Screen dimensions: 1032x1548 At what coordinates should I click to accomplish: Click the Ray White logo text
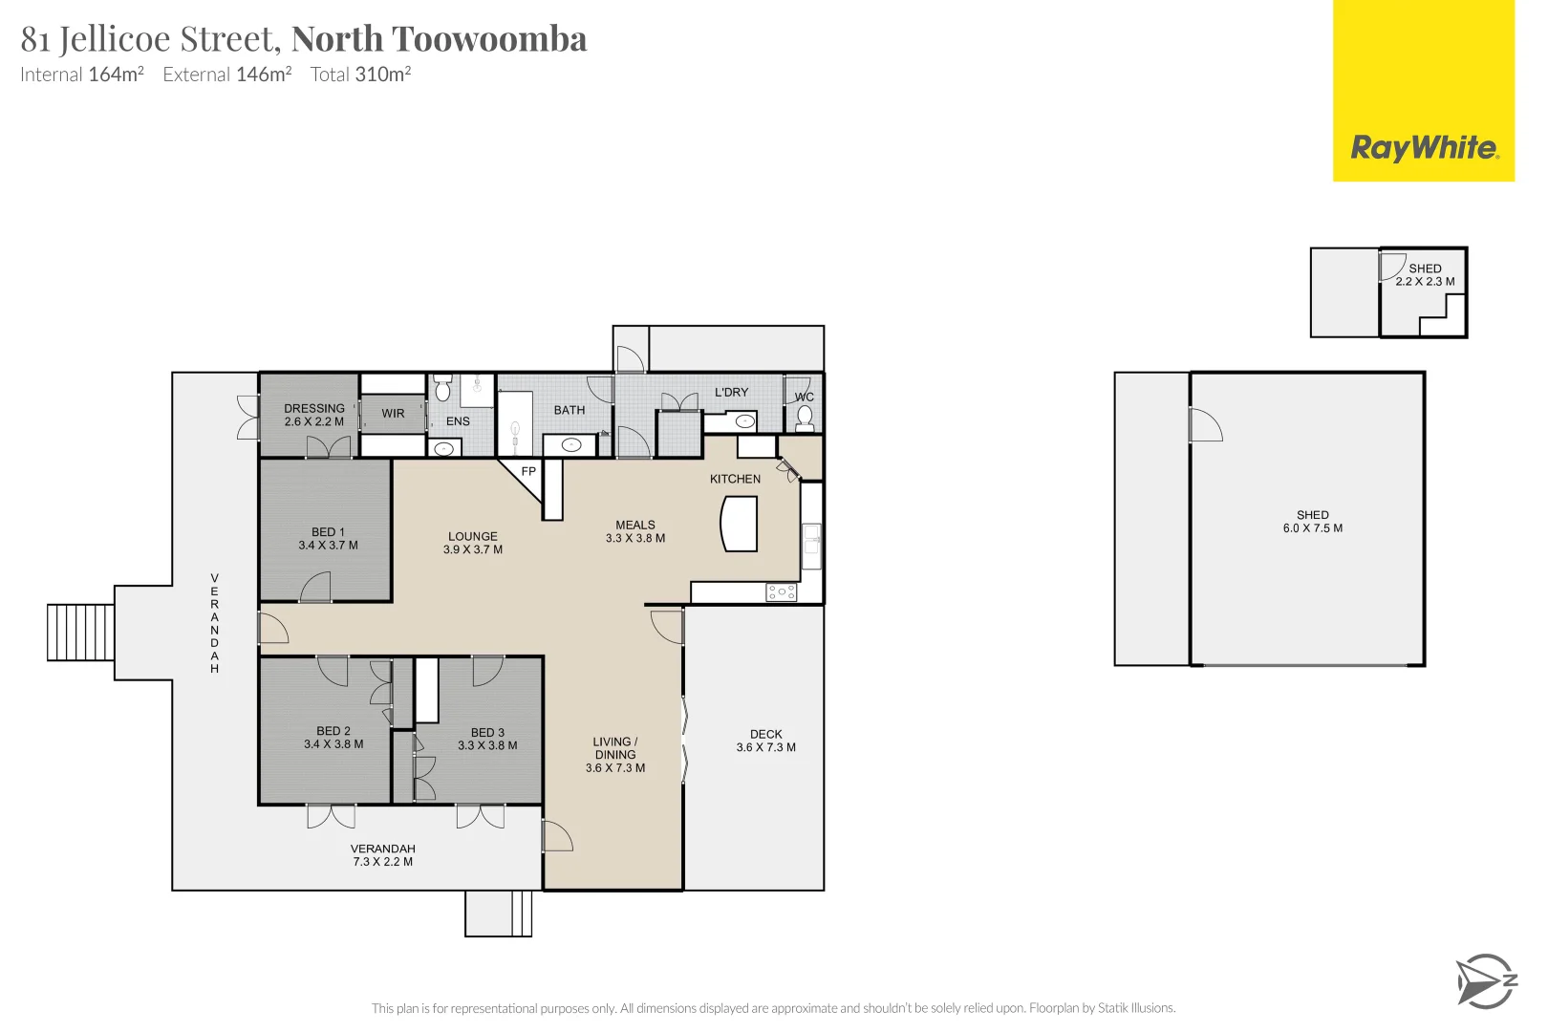[x=1423, y=148]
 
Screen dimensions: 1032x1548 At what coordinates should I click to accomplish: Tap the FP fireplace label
[x=528, y=471]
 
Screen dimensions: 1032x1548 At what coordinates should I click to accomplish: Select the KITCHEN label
[x=735, y=479]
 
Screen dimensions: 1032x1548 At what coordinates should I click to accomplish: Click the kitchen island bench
[x=740, y=527]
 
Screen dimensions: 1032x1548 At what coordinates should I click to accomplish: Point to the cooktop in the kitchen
[x=781, y=592]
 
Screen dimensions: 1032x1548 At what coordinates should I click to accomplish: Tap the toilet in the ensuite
[x=442, y=389]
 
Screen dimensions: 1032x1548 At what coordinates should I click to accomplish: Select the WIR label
[x=393, y=414]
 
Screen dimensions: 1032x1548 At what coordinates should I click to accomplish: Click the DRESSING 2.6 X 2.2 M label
[x=313, y=415]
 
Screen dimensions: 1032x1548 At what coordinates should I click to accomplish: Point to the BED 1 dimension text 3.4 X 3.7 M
[x=328, y=546]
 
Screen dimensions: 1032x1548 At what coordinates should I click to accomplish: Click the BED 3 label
[x=487, y=732]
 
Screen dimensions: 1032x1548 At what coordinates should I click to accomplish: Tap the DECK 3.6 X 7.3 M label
[x=765, y=741]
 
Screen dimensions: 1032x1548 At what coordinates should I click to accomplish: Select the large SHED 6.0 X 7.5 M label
[x=1312, y=521]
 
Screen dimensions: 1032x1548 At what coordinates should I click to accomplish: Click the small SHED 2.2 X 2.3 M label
[x=1424, y=275]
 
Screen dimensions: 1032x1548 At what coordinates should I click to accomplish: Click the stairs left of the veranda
[x=81, y=633]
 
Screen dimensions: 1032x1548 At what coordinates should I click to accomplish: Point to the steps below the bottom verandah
[x=498, y=914]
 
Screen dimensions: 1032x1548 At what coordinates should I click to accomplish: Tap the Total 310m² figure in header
[x=360, y=75]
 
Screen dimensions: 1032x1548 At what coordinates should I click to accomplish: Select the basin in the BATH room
[x=570, y=444]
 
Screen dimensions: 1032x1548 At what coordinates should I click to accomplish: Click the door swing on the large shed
[x=1205, y=424]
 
